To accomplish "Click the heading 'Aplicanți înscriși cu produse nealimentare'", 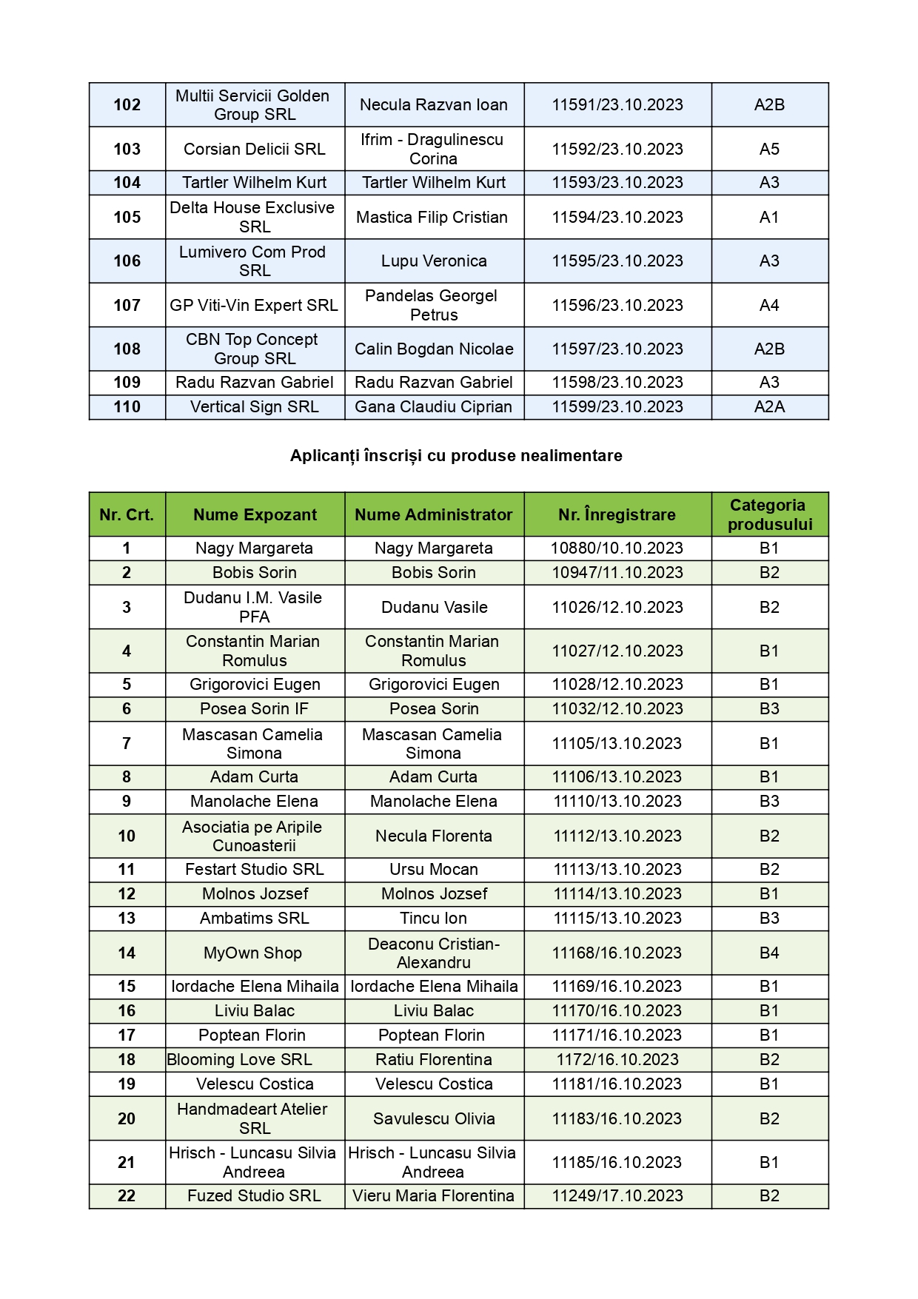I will [456, 456].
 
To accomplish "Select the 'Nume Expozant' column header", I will [255, 514].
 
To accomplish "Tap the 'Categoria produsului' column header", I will [769, 514].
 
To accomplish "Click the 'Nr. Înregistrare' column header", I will [617, 514].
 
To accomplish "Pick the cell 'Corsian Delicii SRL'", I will [255, 149].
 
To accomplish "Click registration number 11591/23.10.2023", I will [617, 105].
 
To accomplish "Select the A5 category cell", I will [769, 149].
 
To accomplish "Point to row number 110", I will [127, 407].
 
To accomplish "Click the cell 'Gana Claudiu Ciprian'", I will [433, 407].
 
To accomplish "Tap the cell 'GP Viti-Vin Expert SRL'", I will [254, 305].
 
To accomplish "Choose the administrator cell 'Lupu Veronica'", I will [434, 261].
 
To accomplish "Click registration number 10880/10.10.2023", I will [617, 548].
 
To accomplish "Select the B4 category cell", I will [769, 953].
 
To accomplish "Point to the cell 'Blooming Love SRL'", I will [240, 1060].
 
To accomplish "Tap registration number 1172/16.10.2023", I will [617, 1060].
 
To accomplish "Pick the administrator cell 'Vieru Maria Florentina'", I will [433, 1196].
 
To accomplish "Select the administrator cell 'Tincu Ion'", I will [433, 919].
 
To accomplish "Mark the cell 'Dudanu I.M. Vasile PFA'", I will [254, 607].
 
